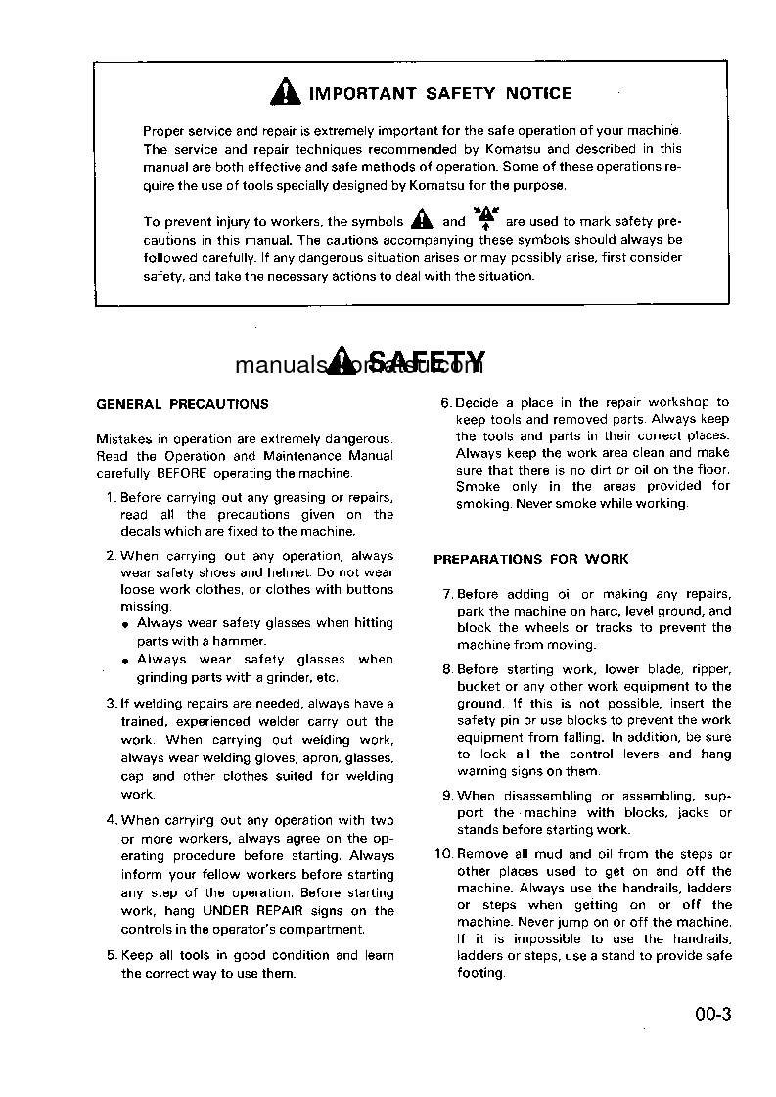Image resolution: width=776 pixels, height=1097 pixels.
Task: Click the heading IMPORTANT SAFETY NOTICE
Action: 439,94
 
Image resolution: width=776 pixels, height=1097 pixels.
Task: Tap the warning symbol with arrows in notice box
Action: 485,219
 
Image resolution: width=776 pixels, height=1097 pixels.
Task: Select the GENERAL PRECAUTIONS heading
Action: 182,404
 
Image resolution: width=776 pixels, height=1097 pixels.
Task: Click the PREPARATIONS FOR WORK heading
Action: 530,560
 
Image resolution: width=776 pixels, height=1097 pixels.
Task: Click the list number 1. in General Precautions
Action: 111,497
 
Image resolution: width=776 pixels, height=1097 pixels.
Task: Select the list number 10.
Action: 443,854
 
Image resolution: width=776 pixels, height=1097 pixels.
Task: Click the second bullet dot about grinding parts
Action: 125,662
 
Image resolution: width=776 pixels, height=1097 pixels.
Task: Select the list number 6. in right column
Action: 446,402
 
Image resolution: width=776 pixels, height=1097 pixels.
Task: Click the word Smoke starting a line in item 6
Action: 478,486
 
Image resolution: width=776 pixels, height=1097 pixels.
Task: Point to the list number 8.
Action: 447,670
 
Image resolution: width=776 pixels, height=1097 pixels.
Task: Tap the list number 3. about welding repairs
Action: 111,704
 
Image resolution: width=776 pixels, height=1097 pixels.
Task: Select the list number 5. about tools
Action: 112,955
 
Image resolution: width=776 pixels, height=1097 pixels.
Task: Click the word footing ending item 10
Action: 479,974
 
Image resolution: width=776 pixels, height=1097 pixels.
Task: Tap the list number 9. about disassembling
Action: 447,797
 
